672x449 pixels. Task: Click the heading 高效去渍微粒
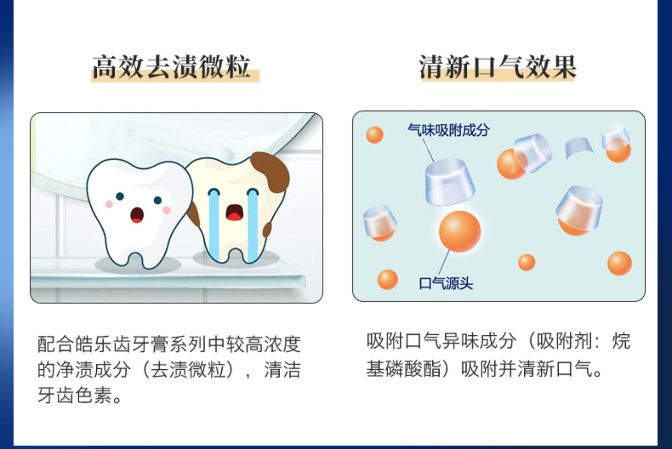tap(171, 67)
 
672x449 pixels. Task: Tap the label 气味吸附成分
tap(448, 130)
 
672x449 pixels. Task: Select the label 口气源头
tap(446, 283)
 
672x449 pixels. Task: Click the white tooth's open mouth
tap(137, 215)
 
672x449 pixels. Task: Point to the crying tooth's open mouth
tap(234, 212)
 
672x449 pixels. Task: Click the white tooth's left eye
tap(120, 197)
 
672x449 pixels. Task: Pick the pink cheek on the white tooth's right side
tap(167, 210)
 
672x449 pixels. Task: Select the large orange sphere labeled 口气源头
tap(460, 231)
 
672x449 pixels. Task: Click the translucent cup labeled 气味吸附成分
tap(450, 182)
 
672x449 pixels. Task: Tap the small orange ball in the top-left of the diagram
tap(375, 135)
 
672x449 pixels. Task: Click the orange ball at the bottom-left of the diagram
tap(388, 280)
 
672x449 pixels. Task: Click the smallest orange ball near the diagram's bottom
tap(526, 262)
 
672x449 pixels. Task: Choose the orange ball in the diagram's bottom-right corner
tap(620, 263)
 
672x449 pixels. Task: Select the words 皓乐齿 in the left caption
tap(93, 344)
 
